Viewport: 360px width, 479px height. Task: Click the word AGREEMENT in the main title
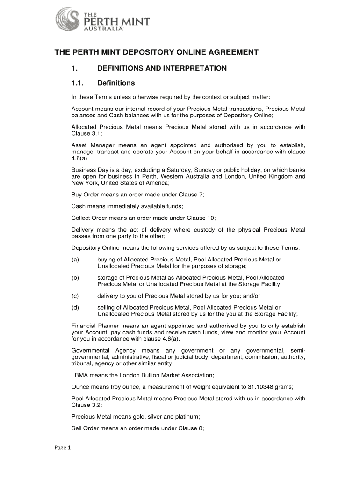click(x=228, y=52)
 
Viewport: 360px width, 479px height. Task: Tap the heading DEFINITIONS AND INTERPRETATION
click(x=162, y=68)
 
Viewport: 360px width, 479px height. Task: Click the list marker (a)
click(x=75, y=260)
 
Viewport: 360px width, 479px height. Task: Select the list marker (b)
click(x=75, y=278)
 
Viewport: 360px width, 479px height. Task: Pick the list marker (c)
click(x=75, y=296)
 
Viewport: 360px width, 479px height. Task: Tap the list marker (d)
click(x=75, y=307)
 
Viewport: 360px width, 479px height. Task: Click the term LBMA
click(x=79, y=375)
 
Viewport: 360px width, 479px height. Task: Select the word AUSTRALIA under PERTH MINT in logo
click(x=103, y=28)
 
